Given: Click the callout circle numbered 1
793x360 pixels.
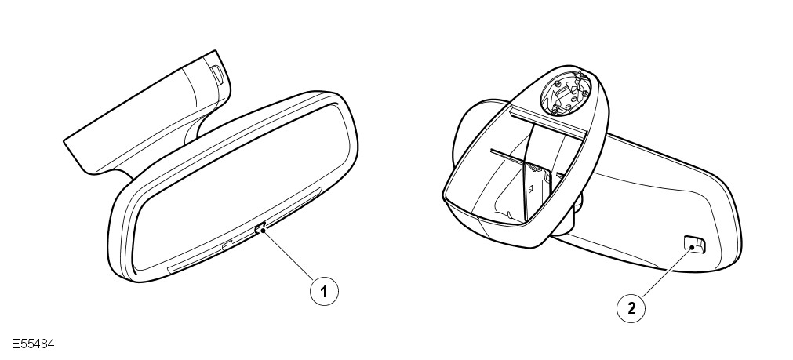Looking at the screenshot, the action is pyautogui.click(x=323, y=291).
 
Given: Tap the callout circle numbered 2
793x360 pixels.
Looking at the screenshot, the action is pyautogui.click(x=631, y=307).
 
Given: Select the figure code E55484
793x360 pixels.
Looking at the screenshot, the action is pyautogui.click(x=33, y=344).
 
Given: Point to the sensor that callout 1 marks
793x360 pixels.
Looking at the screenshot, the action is pyautogui.click(x=260, y=229).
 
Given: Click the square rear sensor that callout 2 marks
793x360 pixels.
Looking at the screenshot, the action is pyautogui.click(x=694, y=243).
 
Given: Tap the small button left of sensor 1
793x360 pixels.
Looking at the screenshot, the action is pyautogui.click(x=227, y=245).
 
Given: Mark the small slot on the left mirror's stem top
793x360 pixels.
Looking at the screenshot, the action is pyautogui.click(x=217, y=75).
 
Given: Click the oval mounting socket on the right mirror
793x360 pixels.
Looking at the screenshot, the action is pyautogui.click(x=565, y=93).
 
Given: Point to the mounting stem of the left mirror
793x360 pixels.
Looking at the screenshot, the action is pyautogui.click(x=151, y=116).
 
